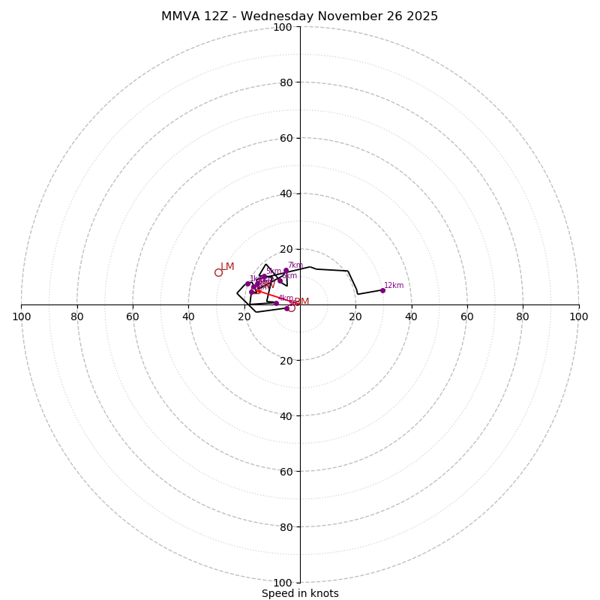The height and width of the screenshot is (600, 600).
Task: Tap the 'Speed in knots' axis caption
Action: click(300, 593)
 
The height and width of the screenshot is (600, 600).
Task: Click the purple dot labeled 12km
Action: click(382, 290)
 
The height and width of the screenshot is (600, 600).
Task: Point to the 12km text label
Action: click(394, 285)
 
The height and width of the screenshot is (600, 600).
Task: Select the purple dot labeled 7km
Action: click(286, 270)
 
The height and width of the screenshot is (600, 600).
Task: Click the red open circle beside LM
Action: click(218, 272)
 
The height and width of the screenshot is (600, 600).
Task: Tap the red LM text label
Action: click(227, 267)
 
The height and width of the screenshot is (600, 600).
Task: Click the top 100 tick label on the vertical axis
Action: click(283, 27)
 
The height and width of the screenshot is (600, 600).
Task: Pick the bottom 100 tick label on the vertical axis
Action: click(283, 582)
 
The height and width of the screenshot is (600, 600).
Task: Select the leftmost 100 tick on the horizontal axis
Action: click(21, 316)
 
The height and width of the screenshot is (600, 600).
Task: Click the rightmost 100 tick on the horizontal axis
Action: click(579, 316)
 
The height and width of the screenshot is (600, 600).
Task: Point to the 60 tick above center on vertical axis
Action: click(285, 138)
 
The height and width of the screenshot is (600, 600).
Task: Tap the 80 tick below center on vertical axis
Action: click(285, 526)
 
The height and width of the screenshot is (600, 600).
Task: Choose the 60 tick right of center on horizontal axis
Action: click(466, 316)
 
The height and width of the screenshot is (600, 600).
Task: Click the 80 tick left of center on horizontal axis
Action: click(77, 316)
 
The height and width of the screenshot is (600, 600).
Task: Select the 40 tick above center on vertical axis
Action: click(285, 193)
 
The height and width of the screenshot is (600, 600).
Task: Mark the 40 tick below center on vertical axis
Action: click(285, 415)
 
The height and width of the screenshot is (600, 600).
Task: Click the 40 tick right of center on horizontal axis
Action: click(411, 316)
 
